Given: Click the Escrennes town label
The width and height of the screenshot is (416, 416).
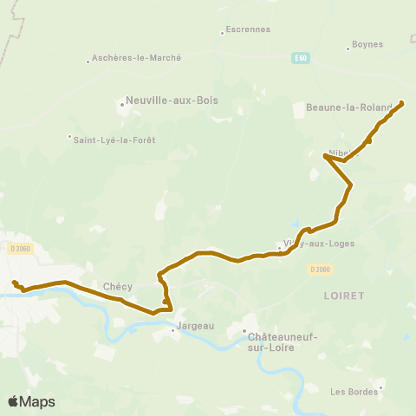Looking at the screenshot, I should coord(248,29).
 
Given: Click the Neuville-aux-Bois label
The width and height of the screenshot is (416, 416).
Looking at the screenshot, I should coord(172,101).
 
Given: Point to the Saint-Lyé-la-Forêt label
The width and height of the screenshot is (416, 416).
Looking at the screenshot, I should coord(115,140).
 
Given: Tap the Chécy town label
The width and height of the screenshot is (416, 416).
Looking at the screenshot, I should coord(117,286).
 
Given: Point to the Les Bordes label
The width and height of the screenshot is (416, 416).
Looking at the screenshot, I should coord(350,391).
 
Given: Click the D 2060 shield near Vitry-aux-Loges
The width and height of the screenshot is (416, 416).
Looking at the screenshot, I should coord(320,269).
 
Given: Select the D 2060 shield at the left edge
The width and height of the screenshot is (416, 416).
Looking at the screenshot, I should coord(19,249).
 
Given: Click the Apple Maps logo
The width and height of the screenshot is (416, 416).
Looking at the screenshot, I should coord(31,401).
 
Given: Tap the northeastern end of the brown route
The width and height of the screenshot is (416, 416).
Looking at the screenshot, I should coord(402,104).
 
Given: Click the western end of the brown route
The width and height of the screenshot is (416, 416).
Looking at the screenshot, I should coord(14,283).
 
